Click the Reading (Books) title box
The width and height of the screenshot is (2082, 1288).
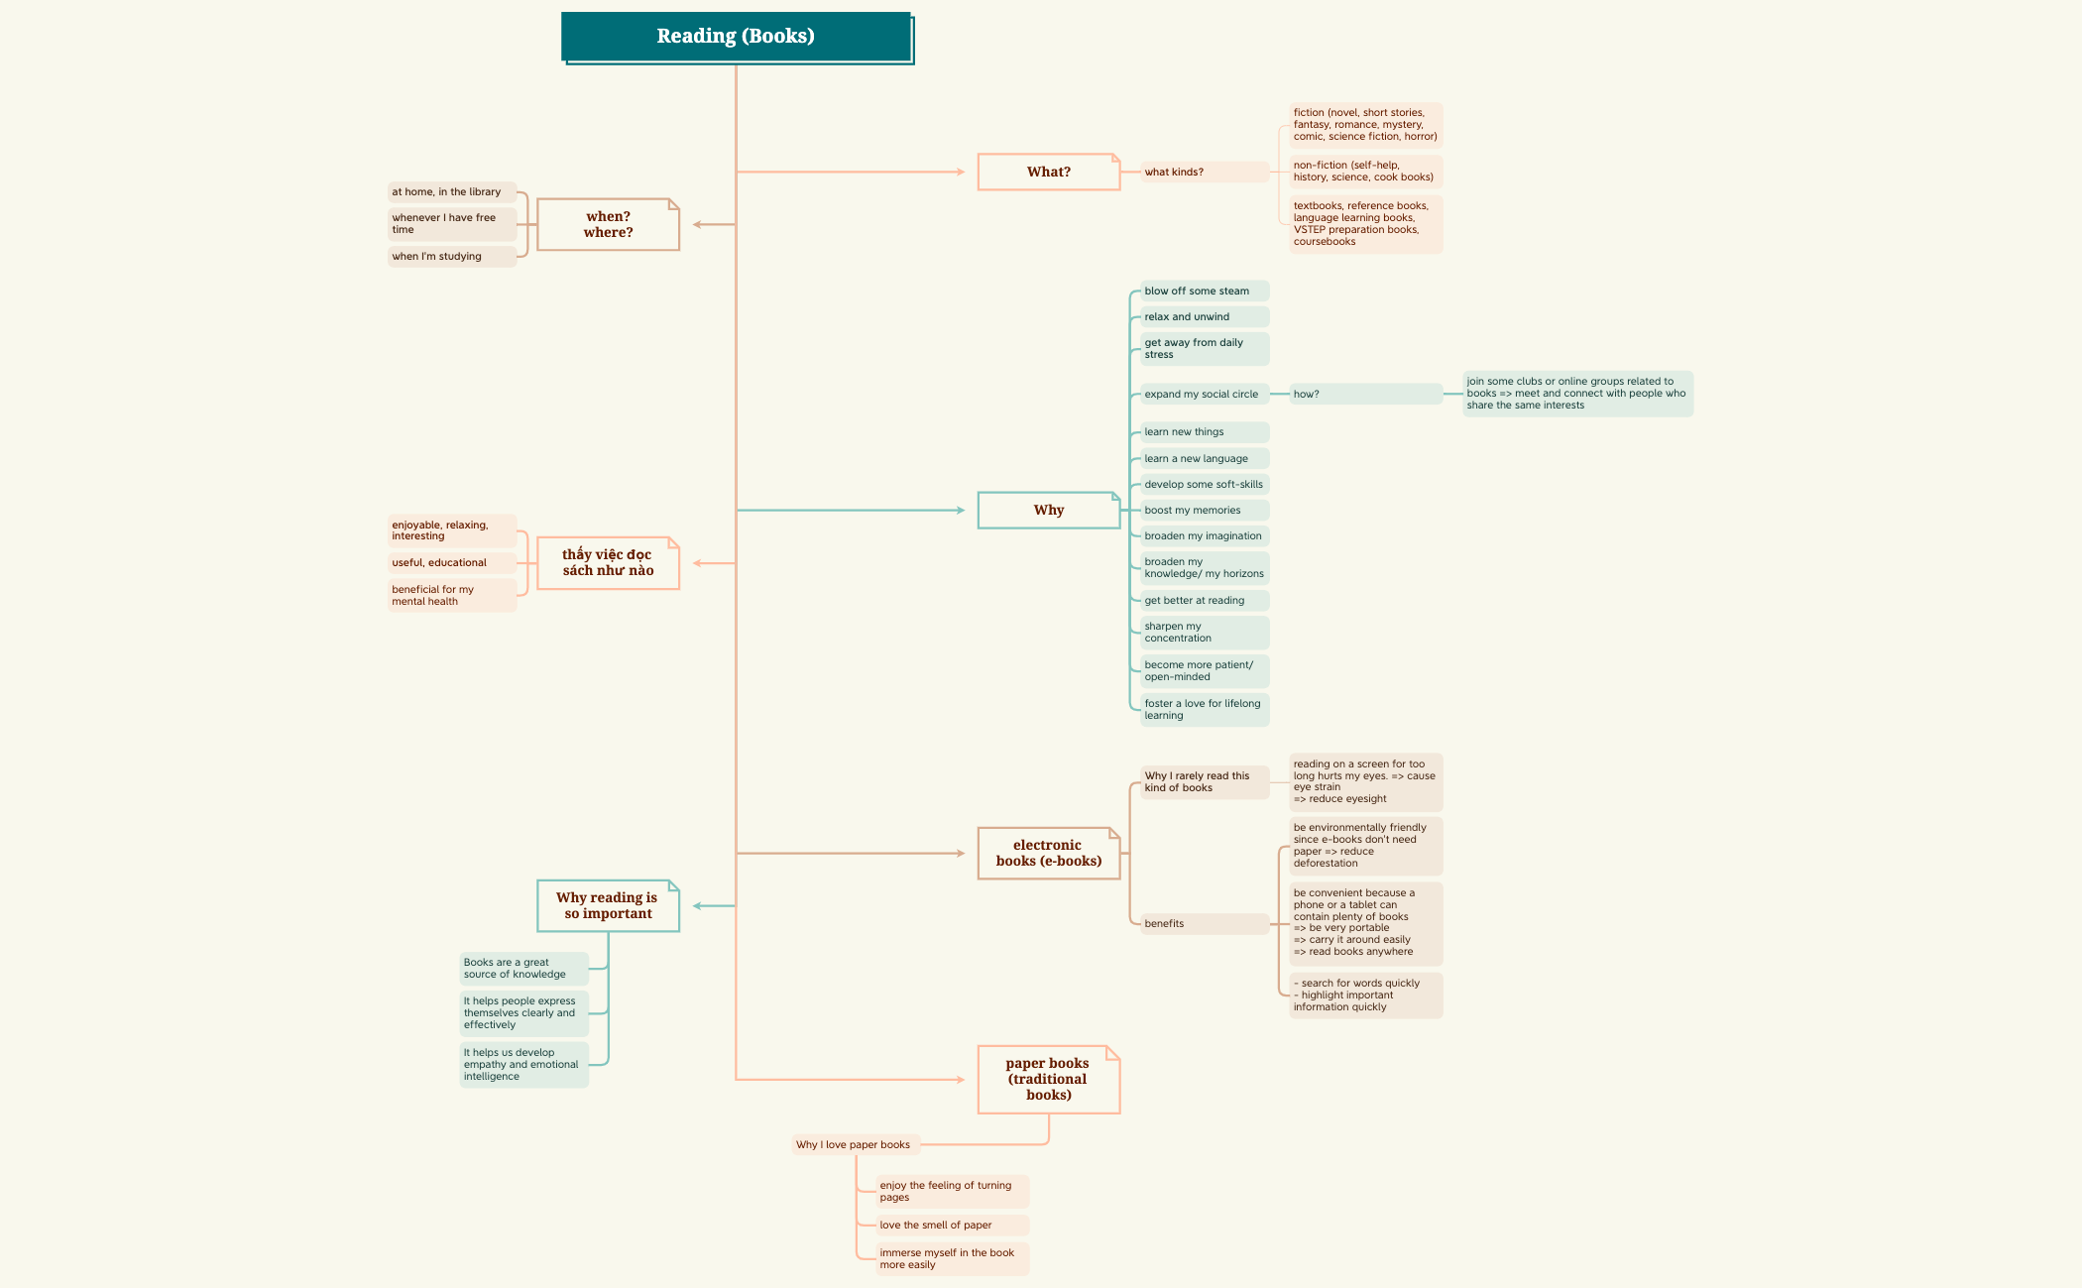tap(736, 37)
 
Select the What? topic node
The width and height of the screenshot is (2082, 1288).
tap(1048, 172)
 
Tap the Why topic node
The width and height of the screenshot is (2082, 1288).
tap(1048, 510)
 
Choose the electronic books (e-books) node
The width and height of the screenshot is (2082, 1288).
tap(1048, 853)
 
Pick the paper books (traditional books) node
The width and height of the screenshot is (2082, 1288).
tap(1048, 1079)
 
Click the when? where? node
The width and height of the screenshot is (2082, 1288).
tap(608, 224)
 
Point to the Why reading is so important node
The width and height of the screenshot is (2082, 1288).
tap(608, 905)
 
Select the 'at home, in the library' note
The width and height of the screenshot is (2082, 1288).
tap(451, 191)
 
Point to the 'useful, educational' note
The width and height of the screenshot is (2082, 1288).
tap(451, 562)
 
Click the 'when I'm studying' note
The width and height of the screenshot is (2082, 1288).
tap(451, 256)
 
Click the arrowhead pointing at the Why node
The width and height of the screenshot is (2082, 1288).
tap(960, 510)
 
